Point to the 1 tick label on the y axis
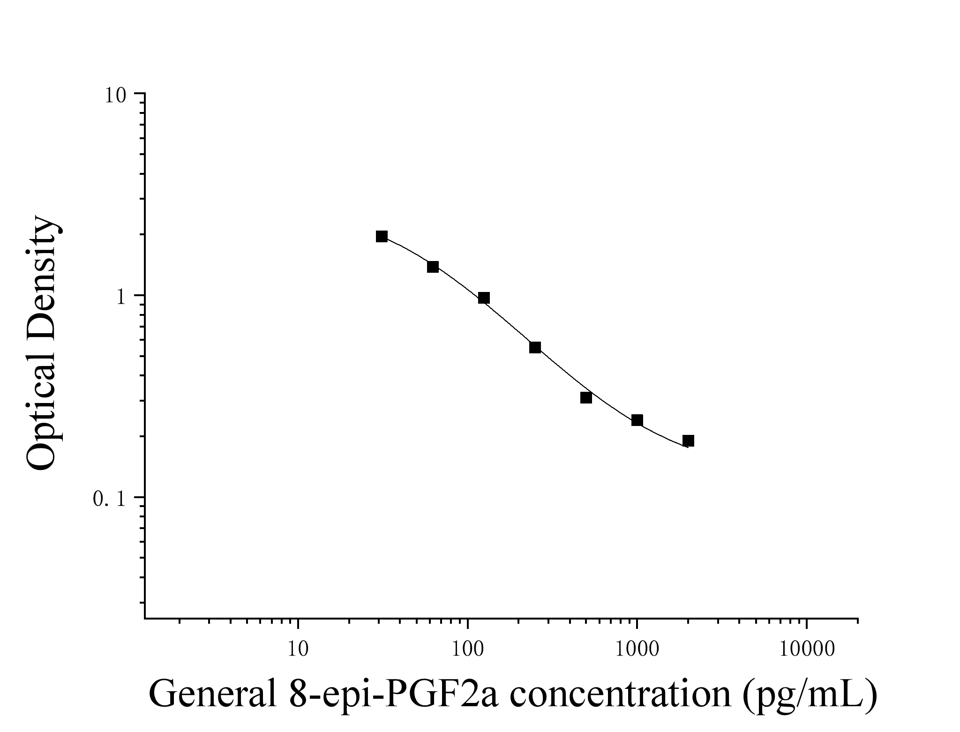click(x=121, y=297)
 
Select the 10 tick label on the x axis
click(x=298, y=650)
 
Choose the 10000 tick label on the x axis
click(x=806, y=650)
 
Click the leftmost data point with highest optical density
click(x=382, y=237)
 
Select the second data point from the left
click(x=433, y=267)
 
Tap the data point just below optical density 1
click(x=484, y=298)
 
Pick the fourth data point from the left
click(x=535, y=347)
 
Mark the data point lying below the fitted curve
click(x=586, y=398)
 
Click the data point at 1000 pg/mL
click(x=637, y=420)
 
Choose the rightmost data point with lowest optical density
click(x=688, y=441)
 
